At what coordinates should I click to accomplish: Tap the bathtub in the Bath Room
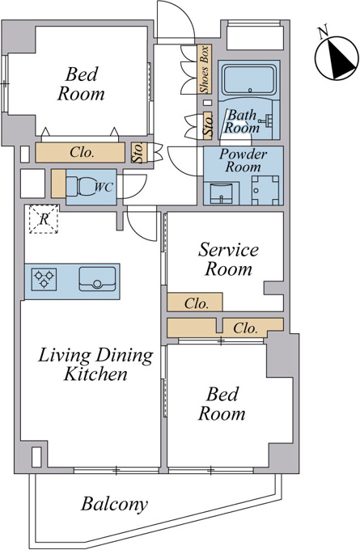pos(249,79)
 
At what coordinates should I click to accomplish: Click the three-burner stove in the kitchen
pos(44,279)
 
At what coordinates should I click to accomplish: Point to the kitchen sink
pos(97,279)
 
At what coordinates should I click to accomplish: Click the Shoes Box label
pos(204,70)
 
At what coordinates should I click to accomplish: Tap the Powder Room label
pos(243,160)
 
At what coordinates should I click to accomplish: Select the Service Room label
pos(229,259)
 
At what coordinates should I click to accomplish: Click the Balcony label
pos(114,505)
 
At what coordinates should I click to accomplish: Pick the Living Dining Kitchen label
pos(95,364)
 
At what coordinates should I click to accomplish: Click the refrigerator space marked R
pos(44,219)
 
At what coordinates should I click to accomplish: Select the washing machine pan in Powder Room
pos(265,190)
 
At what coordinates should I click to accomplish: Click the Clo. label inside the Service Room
pos(197,303)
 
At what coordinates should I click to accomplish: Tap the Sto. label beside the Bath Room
pos(209,125)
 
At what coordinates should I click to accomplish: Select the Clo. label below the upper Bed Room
pos(83,153)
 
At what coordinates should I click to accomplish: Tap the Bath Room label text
pos(242,121)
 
